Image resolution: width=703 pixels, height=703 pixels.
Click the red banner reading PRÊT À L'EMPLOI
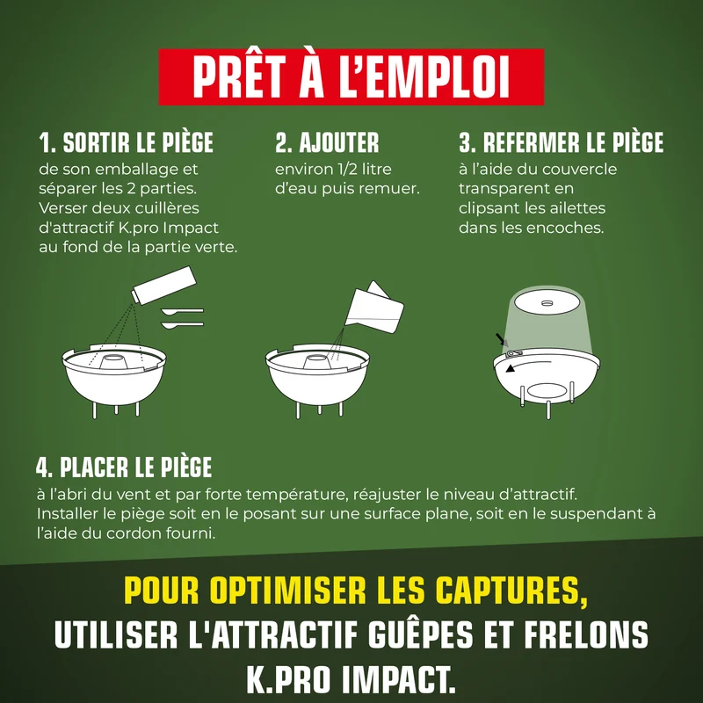tap(351, 76)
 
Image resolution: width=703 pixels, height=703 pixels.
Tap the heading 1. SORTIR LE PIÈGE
tap(126, 142)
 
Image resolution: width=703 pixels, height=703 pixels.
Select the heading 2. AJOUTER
tap(327, 142)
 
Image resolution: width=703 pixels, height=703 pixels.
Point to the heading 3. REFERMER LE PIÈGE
tap(561, 142)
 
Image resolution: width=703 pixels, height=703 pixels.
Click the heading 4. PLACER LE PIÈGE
tap(124, 467)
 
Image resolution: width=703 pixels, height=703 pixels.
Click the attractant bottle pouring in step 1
tap(163, 285)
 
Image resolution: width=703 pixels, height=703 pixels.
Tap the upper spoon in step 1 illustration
tap(182, 311)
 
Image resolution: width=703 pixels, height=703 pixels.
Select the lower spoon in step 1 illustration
tap(182, 324)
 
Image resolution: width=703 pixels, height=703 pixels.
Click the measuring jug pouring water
tap(374, 308)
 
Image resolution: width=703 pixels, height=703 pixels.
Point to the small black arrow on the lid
tap(501, 338)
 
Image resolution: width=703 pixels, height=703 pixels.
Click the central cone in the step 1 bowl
tap(112, 361)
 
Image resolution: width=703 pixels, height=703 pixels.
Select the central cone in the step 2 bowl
tap(316, 361)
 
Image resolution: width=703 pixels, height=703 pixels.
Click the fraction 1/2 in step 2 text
tap(348, 169)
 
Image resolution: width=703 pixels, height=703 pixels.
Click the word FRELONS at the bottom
tap(586, 634)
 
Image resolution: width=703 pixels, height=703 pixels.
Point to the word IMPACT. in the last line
tap(399, 679)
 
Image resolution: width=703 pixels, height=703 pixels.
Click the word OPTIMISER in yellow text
tap(288, 590)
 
